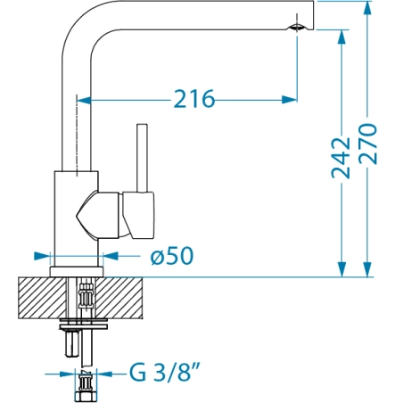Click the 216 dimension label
click(x=193, y=99)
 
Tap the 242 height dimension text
click(x=341, y=158)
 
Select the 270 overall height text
click(x=367, y=144)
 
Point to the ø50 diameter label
click(x=172, y=256)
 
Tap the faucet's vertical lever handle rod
click(x=142, y=158)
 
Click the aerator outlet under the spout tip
click(x=297, y=28)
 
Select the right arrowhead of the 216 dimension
click(x=289, y=100)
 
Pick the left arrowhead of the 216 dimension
click(x=85, y=100)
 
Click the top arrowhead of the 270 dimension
click(x=367, y=8)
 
